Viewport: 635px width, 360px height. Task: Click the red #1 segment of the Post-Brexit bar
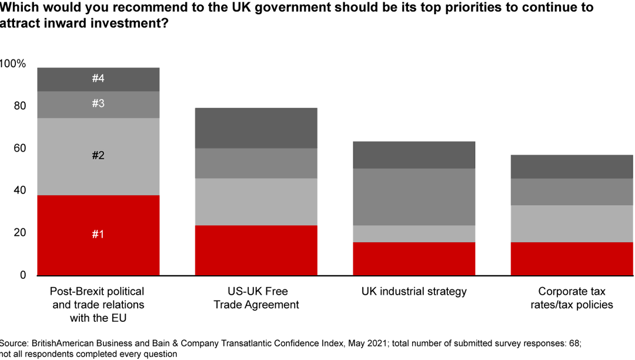pyautogui.click(x=98, y=235)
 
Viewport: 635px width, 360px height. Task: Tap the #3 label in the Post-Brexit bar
pyautogui.click(x=98, y=104)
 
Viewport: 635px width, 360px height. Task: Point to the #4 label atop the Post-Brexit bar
pyautogui.click(x=98, y=78)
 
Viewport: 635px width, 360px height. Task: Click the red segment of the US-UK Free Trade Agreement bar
pyautogui.click(x=256, y=250)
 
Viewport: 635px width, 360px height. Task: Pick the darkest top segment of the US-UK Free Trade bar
pyautogui.click(x=256, y=128)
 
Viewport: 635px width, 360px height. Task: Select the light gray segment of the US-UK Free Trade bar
pyautogui.click(x=256, y=201)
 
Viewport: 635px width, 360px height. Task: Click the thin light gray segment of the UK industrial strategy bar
pyautogui.click(x=413, y=234)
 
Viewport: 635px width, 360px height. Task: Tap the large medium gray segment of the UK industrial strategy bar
pyautogui.click(x=413, y=196)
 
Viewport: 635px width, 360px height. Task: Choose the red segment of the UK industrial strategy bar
pyautogui.click(x=413, y=258)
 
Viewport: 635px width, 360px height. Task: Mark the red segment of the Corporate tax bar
pyautogui.click(x=571, y=258)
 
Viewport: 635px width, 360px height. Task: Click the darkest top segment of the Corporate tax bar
pyautogui.click(x=571, y=166)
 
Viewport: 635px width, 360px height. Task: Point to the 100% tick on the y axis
pyautogui.click(x=13, y=64)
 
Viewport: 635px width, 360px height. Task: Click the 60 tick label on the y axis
pyautogui.click(x=20, y=148)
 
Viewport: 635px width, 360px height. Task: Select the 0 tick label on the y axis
pyautogui.click(x=23, y=275)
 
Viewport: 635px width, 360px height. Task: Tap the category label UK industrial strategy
pyautogui.click(x=413, y=291)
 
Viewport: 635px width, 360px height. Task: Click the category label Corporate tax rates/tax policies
pyautogui.click(x=571, y=298)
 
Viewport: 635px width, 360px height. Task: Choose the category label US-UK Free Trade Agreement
pyautogui.click(x=256, y=298)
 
